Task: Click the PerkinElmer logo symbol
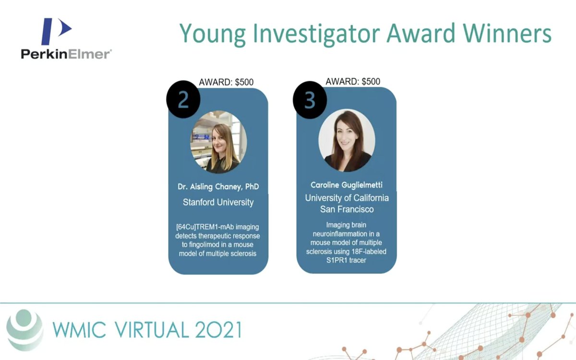[x=55, y=31]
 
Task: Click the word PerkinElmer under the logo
[x=66, y=54]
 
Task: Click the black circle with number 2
[x=183, y=100]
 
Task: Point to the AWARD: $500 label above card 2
[x=226, y=82]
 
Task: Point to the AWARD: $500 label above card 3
[x=353, y=81]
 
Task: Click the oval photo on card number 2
[x=219, y=141]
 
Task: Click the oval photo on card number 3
[x=347, y=140]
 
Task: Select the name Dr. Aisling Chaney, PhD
[x=218, y=186]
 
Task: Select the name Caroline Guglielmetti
[x=347, y=185]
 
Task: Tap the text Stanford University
[x=218, y=202]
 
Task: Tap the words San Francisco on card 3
[x=347, y=209]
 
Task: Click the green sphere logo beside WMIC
[x=25, y=329]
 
